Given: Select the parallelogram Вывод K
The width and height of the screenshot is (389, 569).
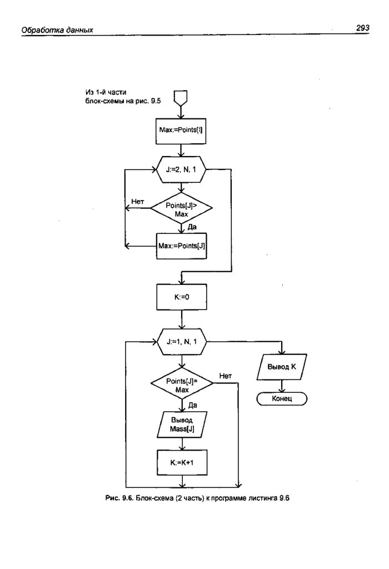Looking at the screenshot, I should point(282,367).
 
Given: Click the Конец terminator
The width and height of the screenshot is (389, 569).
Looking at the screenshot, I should point(282,399).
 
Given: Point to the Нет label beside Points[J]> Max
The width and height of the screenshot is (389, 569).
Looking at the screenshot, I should point(138,201).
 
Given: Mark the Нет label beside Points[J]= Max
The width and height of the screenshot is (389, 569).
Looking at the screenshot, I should point(225,376).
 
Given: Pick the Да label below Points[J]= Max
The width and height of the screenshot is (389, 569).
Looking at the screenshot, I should point(193,405).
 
